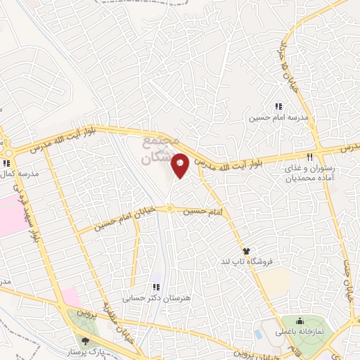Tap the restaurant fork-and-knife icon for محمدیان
(309, 157)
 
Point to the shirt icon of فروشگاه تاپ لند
(246, 250)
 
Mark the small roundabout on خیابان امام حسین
(169, 209)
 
